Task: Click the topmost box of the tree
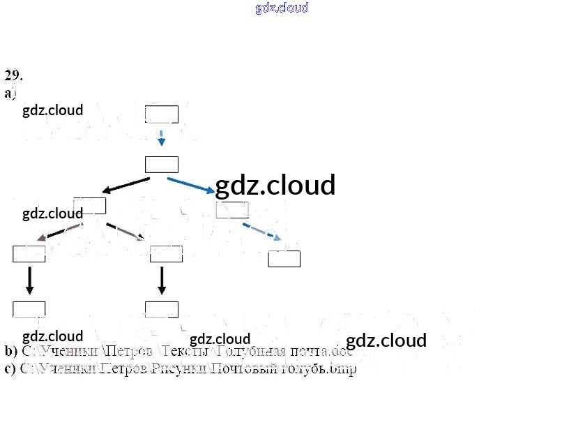[x=161, y=114]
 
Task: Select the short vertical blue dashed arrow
[x=161, y=137]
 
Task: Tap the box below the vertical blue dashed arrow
[x=161, y=165]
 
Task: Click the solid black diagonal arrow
[x=125, y=185]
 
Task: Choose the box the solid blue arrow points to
[x=232, y=209]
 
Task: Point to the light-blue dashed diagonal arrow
[x=261, y=232]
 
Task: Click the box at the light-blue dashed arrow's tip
[x=284, y=259]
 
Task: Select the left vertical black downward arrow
[x=29, y=280]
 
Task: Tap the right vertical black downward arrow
[x=162, y=280]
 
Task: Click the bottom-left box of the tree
[x=29, y=309]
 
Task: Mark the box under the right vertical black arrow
[x=161, y=309]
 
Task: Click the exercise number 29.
[x=13, y=75]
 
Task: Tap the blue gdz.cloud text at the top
[x=282, y=8]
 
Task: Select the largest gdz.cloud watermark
[x=275, y=186]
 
